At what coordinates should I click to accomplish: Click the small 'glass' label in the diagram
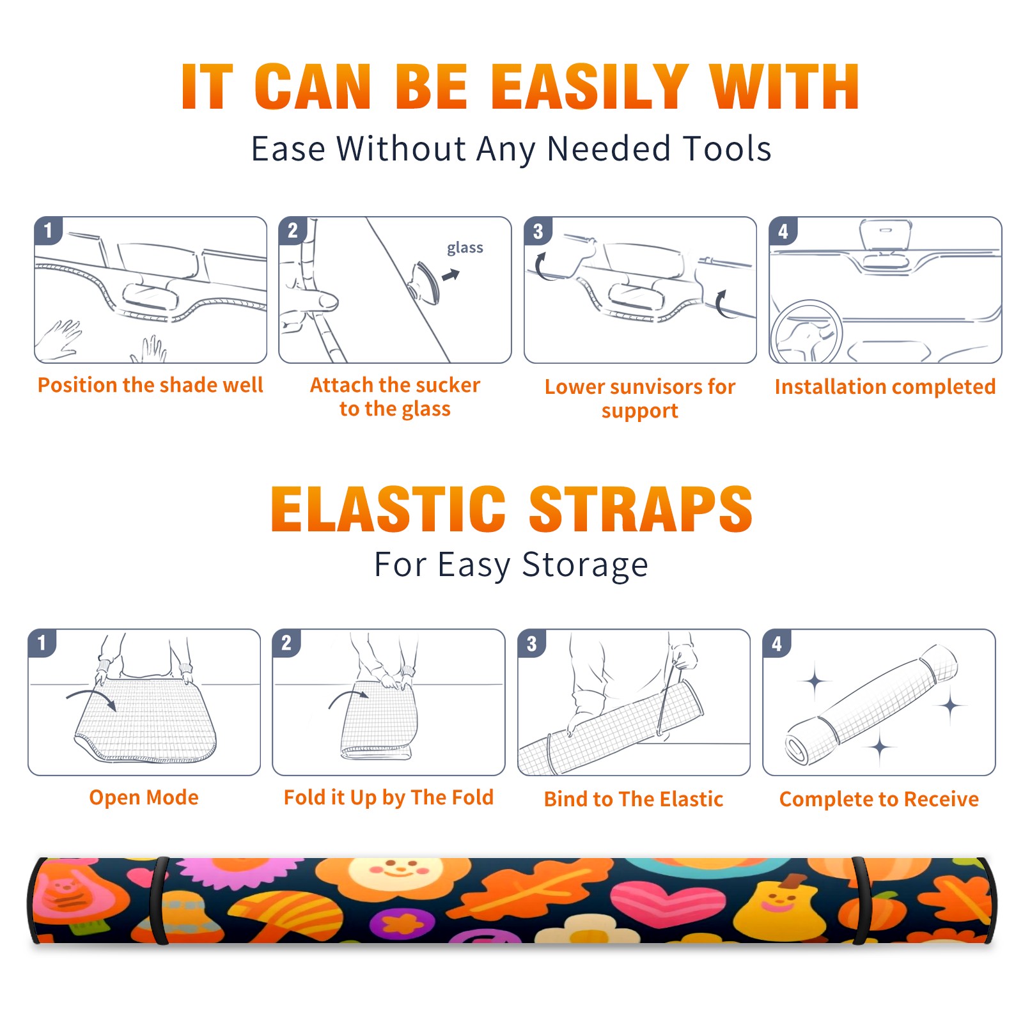(x=465, y=248)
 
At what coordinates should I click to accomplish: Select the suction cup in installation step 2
(x=425, y=283)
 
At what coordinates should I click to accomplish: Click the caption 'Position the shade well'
(x=150, y=385)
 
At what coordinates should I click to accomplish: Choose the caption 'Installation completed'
(x=885, y=387)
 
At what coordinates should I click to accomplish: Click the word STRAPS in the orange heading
(x=641, y=509)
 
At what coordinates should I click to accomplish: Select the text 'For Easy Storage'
(x=511, y=565)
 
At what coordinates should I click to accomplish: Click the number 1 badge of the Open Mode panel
(x=42, y=643)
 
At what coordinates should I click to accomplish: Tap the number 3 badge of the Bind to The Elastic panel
(x=532, y=643)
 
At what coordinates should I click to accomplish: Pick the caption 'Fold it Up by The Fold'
(x=389, y=798)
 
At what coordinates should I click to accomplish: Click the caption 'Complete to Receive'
(x=879, y=799)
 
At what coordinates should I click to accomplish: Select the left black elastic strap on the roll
(x=159, y=901)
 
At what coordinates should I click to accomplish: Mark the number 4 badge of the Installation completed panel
(x=783, y=231)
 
